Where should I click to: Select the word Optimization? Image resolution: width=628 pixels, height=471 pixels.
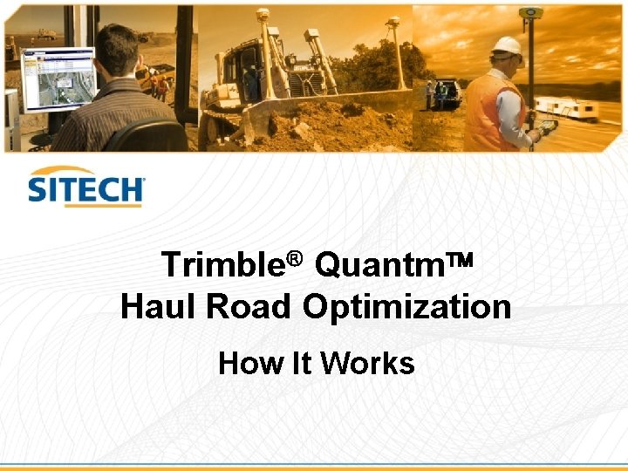click(x=406, y=307)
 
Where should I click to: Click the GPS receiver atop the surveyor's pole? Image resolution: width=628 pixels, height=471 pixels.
click(x=529, y=13)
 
